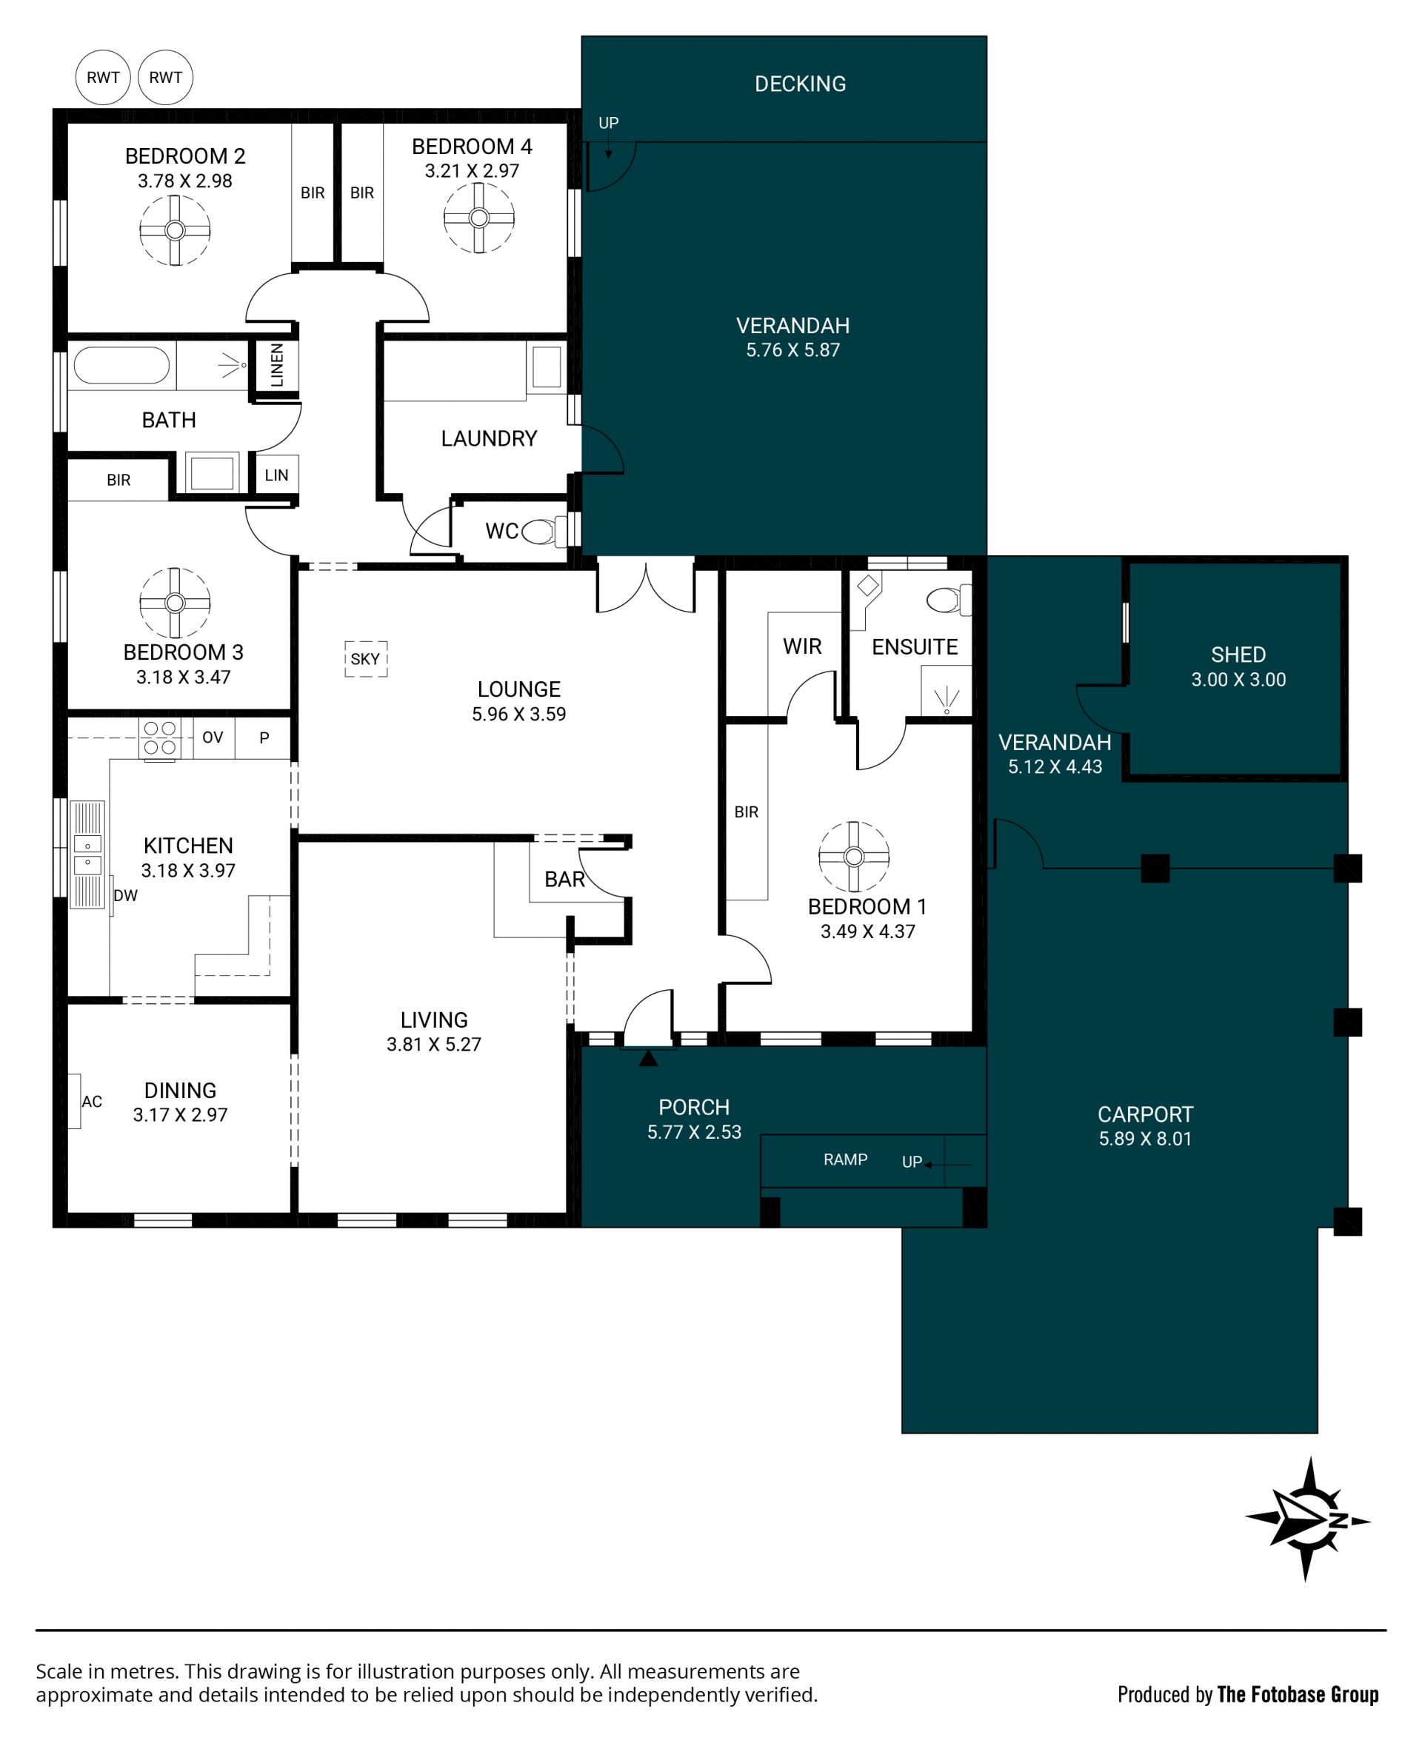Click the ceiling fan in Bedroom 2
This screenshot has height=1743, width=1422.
[x=175, y=230]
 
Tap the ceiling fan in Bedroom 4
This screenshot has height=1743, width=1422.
[x=479, y=218]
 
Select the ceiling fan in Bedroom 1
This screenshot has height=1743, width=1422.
[x=853, y=857]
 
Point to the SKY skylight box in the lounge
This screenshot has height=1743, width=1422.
[x=365, y=659]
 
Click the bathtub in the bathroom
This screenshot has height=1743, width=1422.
[x=121, y=365]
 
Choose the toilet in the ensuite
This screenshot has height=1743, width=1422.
[x=949, y=600]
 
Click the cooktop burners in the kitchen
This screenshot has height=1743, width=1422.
[x=159, y=738]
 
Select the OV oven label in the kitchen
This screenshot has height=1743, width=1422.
[x=213, y=737]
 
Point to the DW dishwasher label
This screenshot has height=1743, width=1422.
[x=125, y=896]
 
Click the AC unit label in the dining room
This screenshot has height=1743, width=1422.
[x=92, y=1101]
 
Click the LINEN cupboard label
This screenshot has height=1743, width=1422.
[x=277, y=364]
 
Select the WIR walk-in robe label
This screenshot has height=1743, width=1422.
[x=802, y=646]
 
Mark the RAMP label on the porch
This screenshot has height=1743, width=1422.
[x=845, y=1159]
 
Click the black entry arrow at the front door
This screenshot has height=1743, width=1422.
[x=648, y=1058]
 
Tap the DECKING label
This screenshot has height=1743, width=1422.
[x=801, y=84]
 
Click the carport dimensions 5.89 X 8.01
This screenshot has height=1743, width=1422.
[x=1145, y=1138]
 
